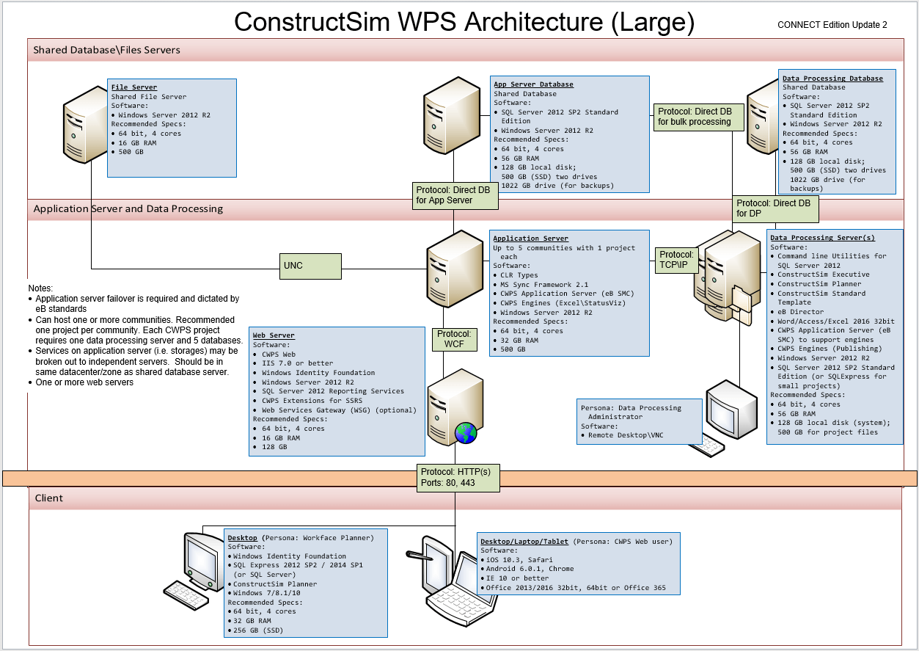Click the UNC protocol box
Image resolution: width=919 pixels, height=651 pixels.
point(312,266)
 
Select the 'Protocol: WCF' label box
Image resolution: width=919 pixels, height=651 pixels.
point(454,338)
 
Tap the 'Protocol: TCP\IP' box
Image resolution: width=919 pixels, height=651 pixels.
point(676,260)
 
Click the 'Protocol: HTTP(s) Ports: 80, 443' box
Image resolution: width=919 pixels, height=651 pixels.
point(458,477)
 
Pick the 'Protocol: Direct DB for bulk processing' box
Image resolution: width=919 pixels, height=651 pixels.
point(699,117)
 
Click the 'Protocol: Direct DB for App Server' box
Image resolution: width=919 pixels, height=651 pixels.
point(455,195)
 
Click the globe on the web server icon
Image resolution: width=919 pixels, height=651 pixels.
point(466,433)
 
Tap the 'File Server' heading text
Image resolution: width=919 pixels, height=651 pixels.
point(134,87)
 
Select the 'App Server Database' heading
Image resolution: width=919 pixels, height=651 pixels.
point(533,84)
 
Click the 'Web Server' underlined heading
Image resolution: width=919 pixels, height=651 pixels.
point(274,335)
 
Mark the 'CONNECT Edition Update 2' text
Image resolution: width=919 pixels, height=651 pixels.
point(832,25)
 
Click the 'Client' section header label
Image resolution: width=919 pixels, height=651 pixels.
point(48,498)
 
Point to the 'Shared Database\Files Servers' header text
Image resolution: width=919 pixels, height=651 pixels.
point(107,50)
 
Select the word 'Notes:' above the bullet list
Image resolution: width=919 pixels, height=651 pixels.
point(41,288)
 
